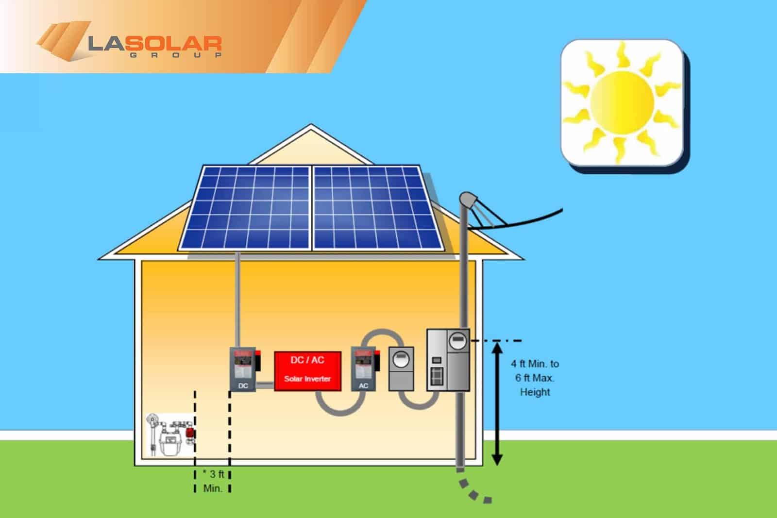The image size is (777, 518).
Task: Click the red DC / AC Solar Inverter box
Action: [307, 371]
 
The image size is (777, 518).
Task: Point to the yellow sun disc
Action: [622, 101]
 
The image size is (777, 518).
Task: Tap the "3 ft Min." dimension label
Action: [213, 481]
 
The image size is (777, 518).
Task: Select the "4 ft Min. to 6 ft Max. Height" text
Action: [535, 378]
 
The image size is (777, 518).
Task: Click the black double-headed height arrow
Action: [497, 403]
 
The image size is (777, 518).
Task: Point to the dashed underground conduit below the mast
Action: [473, 491]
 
